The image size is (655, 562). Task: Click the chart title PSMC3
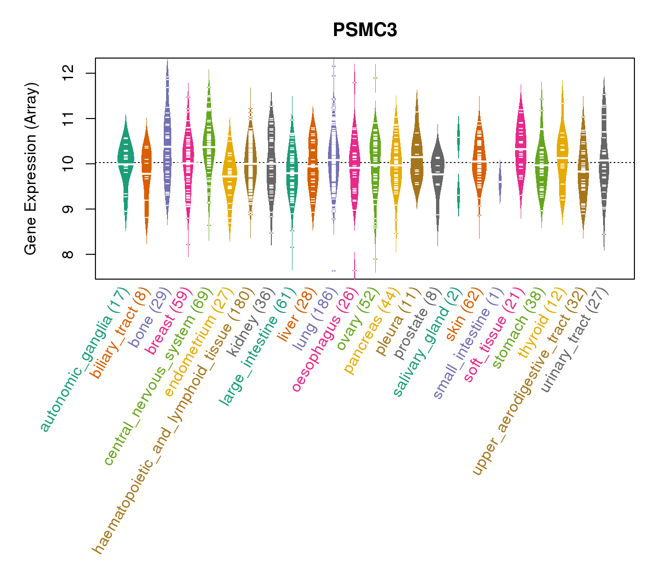[365, 30]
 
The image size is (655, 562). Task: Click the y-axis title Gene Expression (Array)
[31, 169]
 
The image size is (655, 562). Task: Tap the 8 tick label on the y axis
[68, 254]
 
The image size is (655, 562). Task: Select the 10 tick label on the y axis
[68, 164]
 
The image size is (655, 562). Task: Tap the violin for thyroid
[562, 155]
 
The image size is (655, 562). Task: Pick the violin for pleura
[416, 155]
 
